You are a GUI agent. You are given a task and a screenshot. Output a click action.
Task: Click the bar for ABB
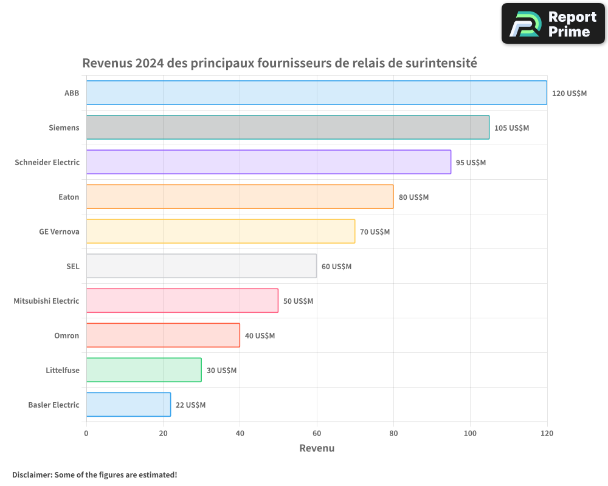click(x=316, y=93)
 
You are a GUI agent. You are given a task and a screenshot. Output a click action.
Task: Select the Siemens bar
click(x=288, y=128)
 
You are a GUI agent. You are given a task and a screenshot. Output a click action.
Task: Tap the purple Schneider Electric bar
click(x=268, y=162)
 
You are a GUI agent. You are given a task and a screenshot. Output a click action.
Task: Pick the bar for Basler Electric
click(x=128, y=405)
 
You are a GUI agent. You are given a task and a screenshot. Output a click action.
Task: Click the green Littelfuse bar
click(x=143, y=370)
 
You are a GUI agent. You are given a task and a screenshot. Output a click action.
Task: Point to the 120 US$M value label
click(x=569, y=94)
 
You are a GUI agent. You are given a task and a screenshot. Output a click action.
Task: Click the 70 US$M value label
click(x=375, y=232)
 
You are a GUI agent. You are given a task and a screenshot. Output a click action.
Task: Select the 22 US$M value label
click(x=190, y=405)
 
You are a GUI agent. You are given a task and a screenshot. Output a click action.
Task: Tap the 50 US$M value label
click(x=298, y=301)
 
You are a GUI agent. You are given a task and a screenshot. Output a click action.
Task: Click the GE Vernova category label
click(x=59, y=231)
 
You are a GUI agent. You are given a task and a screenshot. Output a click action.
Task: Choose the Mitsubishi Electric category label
click(x=46, y=301)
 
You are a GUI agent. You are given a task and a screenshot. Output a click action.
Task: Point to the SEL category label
click(x=72, y=266)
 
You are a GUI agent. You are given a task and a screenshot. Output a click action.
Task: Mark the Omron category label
click(x=66, y=335)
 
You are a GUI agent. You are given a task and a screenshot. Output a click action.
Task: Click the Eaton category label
click(x=69, y=197)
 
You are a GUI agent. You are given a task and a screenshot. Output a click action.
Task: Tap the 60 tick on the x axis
click(x=317, y=433)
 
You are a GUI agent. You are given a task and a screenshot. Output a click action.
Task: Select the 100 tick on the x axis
click(x=470, y=433)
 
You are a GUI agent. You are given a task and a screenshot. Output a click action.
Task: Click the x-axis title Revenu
click(x=317, y=448)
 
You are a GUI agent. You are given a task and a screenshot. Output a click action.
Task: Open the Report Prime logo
click(x=553, y=24)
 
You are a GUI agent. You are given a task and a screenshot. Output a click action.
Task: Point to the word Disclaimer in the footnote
click(x=31, y=474)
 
